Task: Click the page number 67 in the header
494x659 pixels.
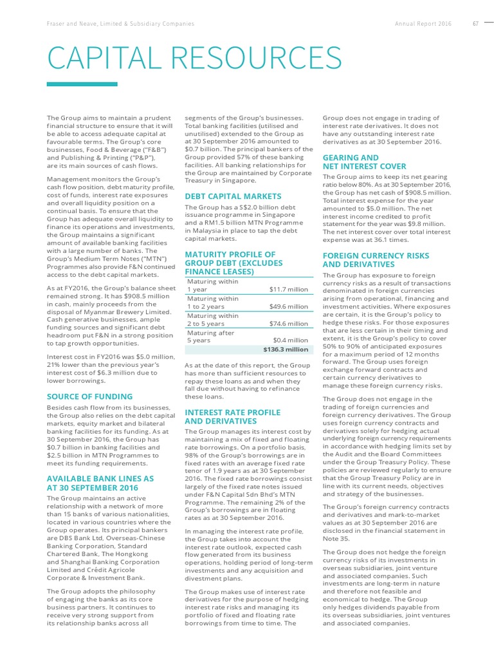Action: click(x=476, y=24)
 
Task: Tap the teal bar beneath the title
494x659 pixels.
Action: click(x=82, y=84)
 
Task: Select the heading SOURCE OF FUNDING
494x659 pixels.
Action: click(x=90, y=396)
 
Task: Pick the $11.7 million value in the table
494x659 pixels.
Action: click(x=288, y=290)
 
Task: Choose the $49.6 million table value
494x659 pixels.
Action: click(x=288, y=307)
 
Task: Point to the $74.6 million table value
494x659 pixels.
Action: click(x=288, y=324)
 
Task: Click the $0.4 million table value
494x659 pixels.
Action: click(x=290, y=340)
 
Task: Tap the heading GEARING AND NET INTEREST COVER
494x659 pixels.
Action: click(x=364, y=162)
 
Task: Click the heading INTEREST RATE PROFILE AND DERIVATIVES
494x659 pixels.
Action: click(x=232, y=416)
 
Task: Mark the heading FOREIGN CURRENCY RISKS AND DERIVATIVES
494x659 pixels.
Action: click(x=375, y=260)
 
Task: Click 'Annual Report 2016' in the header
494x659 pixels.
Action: click(x=423, y=24)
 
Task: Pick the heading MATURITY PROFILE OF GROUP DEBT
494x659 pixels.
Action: click(x=233, y=263)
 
